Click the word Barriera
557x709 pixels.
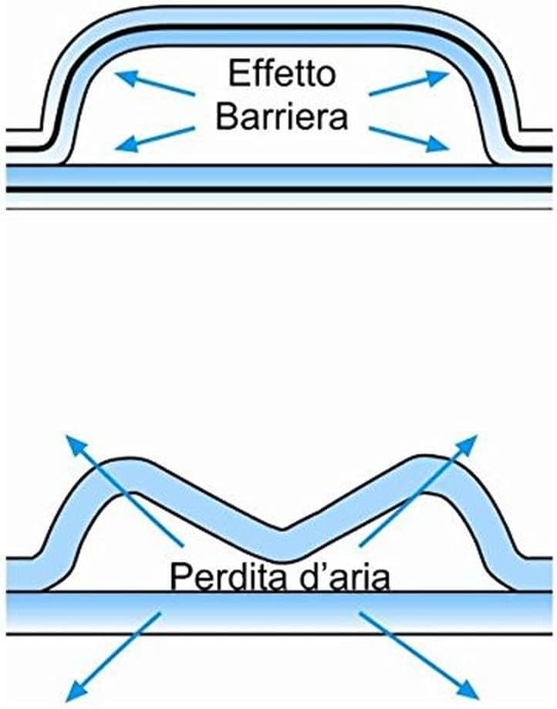coord(282,116)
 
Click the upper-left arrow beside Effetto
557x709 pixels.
coord(155,84)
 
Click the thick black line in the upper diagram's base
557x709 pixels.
coord(278,189)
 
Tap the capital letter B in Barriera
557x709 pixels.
coord(226,116)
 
